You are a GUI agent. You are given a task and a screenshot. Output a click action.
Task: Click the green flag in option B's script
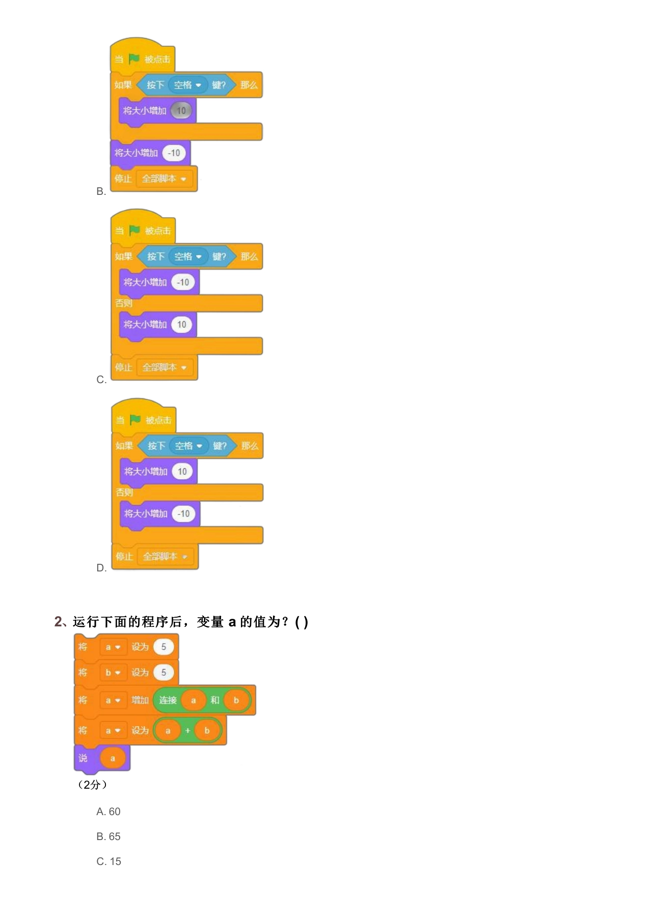click(x=134, y=59)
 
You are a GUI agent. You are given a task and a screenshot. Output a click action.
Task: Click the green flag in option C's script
click(x=134, y=231)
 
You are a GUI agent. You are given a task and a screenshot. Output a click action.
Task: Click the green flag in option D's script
click(x=135, y=420)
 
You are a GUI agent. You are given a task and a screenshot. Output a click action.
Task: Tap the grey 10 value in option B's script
click(x=181, y=110)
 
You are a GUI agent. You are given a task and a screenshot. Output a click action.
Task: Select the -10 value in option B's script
click(x=174, y=153)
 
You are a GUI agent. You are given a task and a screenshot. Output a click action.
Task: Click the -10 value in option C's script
click(x=183, y=282)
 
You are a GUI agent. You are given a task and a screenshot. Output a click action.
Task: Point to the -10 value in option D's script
click(x=184, y=513)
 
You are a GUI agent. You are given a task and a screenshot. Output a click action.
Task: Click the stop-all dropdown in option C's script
click(x=165, y=367)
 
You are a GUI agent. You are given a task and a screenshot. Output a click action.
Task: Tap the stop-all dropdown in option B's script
click(x=164, y=179)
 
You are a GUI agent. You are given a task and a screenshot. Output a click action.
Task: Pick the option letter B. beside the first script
click(x=101, y=191)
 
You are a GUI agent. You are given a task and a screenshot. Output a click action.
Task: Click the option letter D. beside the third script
click(x=102, y=568)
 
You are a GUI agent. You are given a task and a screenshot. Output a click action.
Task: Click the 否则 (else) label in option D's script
click(x=124, y=492)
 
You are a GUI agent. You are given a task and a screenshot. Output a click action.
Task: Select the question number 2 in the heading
click(x=58, y=621)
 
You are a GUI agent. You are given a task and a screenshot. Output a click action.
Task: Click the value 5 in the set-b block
click(x=164, y=672)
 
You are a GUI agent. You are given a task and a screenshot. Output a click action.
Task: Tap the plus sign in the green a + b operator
click(x=187, y=730)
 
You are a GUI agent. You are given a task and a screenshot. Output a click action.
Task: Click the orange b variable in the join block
click(x=236, y=700)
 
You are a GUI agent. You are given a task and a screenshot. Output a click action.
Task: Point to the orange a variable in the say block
click(x=113, y=758)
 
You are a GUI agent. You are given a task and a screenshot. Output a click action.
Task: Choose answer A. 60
click(x=108, y=812)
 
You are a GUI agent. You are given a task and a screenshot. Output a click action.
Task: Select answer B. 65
click(x=108, y=837)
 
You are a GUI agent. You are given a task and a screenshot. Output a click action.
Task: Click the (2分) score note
click(x=92, y=785)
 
